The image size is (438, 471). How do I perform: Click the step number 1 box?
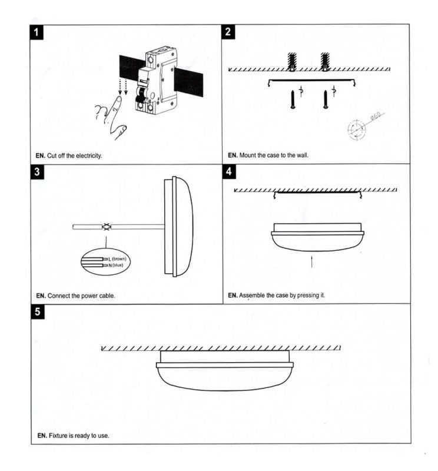click(x=38, y=33)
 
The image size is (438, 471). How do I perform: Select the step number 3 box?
click(x=38, y=173)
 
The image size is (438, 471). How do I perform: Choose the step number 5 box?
click(x=38, y=312)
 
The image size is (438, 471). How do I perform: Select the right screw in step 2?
click(x=326, y=99)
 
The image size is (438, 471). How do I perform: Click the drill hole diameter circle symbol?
click(x=356, y=129)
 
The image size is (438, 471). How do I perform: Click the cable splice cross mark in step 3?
click(x=107, y=226)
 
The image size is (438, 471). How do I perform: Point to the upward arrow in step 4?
click(x=311, y=262)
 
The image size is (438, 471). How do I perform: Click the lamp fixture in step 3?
click(x=178, y=226)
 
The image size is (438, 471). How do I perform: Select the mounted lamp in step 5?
click(x=224, y=371)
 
